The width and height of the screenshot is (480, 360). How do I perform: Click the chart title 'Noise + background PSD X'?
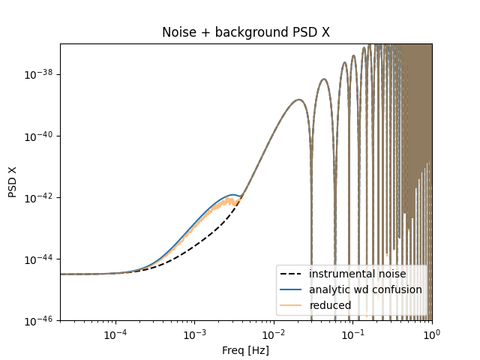point(245,33)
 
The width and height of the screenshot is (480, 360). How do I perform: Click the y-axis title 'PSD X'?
point(13,182)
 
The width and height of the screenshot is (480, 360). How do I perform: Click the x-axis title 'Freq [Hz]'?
point(245,349)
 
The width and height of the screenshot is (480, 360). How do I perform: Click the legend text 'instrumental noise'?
point(357,274)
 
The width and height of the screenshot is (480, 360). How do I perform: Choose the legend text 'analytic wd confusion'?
point(365,289)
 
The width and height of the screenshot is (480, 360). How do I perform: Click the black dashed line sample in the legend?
point(293,274)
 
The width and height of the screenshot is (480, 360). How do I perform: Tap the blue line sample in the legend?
point(293,289)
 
